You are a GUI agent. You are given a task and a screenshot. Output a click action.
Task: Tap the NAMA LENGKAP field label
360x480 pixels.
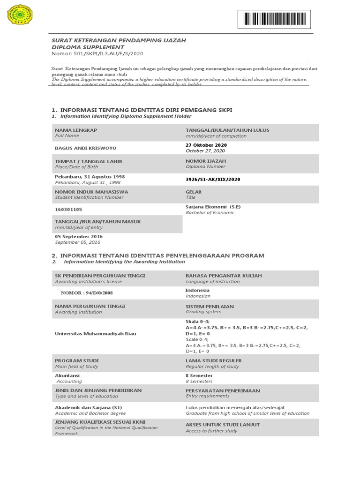(x=76, y=130)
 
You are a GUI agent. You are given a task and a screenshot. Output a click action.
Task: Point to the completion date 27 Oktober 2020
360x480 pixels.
(x=206, y=145)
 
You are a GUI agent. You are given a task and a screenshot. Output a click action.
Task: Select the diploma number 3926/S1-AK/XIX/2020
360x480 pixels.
(x=213, y=179)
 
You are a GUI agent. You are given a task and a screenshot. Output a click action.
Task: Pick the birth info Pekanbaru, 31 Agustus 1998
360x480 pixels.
(x=90, y=177)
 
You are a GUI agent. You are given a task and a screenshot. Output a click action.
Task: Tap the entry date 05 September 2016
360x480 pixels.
(x=79, y=237)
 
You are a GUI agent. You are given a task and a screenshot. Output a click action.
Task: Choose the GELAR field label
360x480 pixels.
(x=194, y=192)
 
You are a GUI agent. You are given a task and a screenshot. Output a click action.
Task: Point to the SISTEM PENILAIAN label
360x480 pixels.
(x=210, y=306)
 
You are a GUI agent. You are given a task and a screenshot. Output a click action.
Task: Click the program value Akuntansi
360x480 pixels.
(x=67, y=375)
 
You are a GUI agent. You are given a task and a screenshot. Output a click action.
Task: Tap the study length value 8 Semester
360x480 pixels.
(x=199, y=375)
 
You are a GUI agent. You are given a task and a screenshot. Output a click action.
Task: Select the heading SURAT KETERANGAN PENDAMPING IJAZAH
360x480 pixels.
(x=119, y=40)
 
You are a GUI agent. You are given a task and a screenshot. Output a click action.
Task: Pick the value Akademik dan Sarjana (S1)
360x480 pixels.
(x=88, y=407)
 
